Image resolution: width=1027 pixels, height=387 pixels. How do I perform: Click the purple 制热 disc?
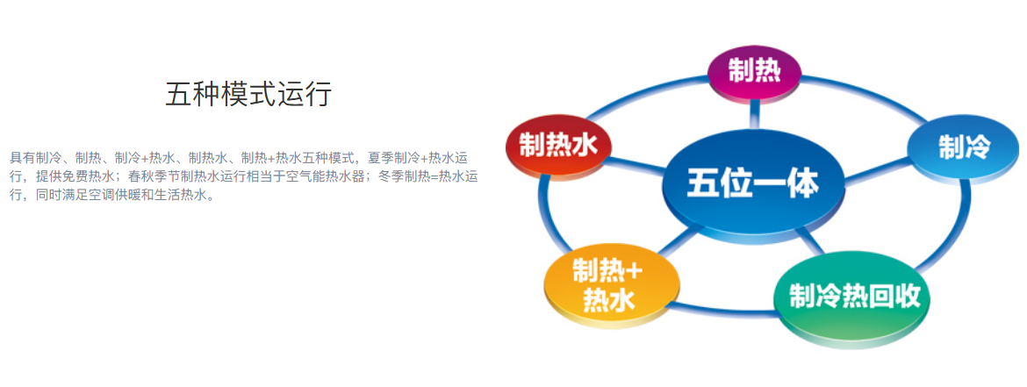755,71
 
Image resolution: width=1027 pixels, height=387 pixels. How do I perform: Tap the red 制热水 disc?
558,148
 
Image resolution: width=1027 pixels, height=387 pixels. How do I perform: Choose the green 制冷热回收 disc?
851,298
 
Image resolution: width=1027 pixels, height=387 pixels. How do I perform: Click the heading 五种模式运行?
248,94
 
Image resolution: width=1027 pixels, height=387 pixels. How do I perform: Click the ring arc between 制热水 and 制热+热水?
545,216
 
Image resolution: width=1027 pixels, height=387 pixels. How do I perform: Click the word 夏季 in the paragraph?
381,158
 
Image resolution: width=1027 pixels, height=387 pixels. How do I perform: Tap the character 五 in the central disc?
701,185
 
